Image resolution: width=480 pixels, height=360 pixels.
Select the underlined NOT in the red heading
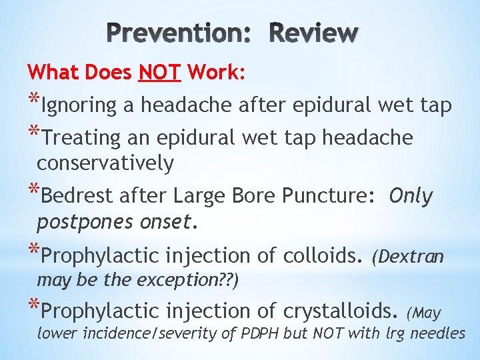[159, 72]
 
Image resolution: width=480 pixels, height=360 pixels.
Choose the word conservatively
[105, 163]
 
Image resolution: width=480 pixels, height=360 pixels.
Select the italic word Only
[411, 197]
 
